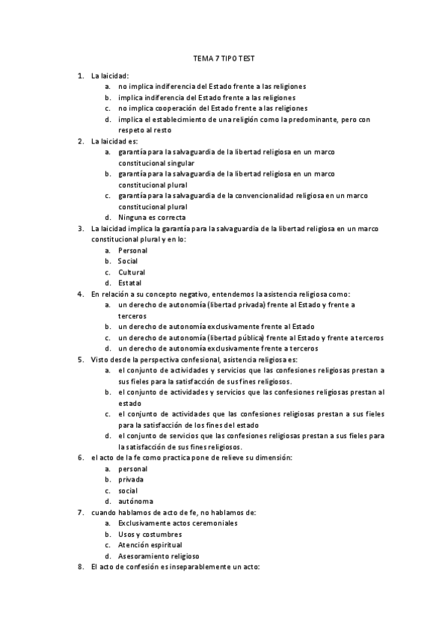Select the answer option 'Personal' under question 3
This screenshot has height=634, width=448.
tap(132, 250)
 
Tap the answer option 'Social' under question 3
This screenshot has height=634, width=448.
tap(128, 262)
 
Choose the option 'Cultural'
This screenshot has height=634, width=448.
tap(132, 272)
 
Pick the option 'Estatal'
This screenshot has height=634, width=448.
tap(130, 283)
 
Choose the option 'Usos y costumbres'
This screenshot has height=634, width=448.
tap(150, 535)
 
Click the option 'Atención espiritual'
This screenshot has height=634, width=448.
tap(150, 545)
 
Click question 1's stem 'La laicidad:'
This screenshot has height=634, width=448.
tap(110, 76)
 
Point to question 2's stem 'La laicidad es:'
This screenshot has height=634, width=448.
tap(114, 141)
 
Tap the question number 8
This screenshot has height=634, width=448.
tap(80, 567)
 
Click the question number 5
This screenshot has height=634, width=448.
tap(80, 360)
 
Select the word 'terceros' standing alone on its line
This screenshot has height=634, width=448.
tap(132, 316)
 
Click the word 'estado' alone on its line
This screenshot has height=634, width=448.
tap(129, 403)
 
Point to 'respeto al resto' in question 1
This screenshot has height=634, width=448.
tap(145, 130)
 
